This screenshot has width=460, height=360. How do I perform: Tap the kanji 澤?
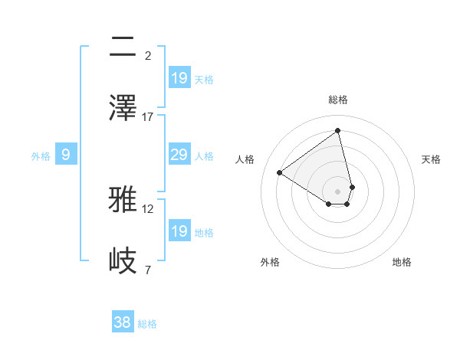click(x=124, y=108)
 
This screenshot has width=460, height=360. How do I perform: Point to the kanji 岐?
click(x=124, y=260)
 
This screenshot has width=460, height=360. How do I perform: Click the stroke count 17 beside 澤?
click(x=148, y=116)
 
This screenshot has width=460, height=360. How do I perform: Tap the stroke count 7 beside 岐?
click(x=148, y=270)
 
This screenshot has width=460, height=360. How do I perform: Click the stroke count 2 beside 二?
click(x=148, y=56)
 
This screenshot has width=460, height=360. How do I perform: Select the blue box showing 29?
click(x=179, y=155)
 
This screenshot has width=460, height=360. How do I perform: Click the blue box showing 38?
click(x=123, y=323)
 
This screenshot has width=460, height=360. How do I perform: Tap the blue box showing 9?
click(x=66, y=155)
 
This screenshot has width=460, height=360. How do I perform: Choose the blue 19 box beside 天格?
click(x=179, y=78)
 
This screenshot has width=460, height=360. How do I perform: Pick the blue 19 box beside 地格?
click(x=179, y=231)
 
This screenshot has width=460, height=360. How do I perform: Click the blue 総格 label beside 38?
click(x=147, y=324)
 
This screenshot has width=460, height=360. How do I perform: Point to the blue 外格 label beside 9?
click(x=41, y=156)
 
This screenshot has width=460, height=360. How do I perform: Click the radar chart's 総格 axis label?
click(x=338, y=100)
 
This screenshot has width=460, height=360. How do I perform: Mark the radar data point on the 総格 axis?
click(x=338, y=130)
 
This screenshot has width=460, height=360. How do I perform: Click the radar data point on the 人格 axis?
click(x=280, y=172)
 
